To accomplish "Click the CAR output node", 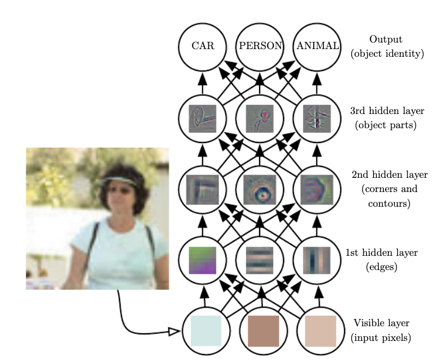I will pos(202,46).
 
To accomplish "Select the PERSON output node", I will pos(260,46).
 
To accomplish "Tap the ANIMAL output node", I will pos(317,46).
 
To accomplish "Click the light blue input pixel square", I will pos(206,331).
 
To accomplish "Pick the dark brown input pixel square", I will pos(263,331).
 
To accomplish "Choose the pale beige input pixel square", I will pos(321,331).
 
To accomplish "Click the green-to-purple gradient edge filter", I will pos(202,260).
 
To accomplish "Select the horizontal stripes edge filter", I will pos(260,260).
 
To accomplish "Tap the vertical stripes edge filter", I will pos(317,260).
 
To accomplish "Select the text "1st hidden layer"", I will pos(381,253).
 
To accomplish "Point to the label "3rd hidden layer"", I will pos(387,111).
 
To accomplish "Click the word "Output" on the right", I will pos(386,39).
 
